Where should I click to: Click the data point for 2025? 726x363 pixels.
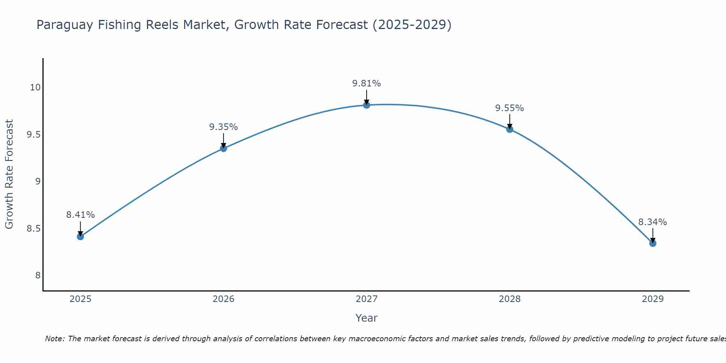coord(80,237)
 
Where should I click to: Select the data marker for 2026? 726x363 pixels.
coord(223,148)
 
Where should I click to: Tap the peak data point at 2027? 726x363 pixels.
coord(367,105)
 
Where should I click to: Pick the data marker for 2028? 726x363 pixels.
coord(510,129)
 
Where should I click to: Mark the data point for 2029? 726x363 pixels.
coord(653,243)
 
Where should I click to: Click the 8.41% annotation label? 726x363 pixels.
coord(80,215)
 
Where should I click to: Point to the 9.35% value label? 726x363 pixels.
coord(223,127)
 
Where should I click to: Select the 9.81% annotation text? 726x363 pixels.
coord(367,83)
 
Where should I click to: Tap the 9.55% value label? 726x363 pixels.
coord(510,108)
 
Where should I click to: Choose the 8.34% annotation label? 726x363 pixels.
coord(653,222)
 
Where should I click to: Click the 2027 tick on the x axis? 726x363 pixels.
coord(367,299)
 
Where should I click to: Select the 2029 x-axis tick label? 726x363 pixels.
coord(653,299)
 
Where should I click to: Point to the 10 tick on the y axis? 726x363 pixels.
coord(35,87)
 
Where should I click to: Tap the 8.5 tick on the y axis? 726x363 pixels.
coord(33,229)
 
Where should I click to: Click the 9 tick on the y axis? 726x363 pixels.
coord(38,181)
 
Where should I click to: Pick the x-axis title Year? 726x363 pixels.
coord(367,318)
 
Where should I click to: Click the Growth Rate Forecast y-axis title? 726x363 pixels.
coord(9,174)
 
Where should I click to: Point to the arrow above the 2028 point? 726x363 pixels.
coord(510,121)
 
